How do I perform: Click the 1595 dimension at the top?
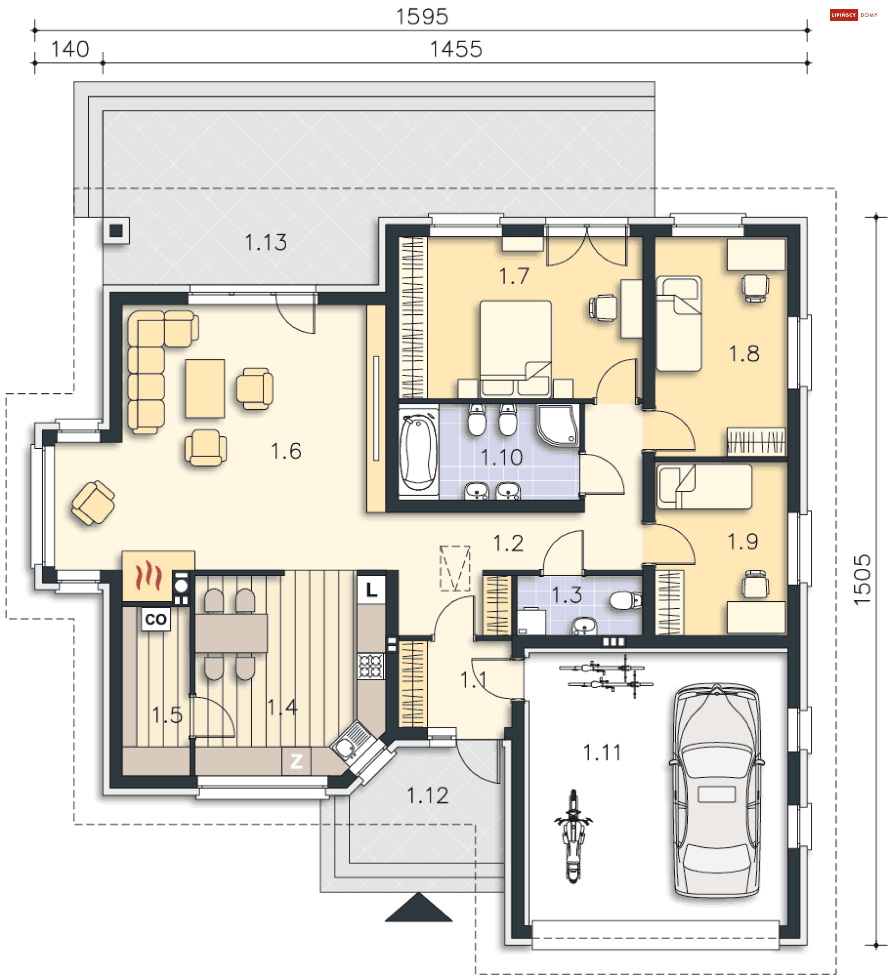coord(421,17)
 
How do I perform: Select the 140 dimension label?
coord(70,49)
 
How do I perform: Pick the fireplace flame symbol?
coord(148,576)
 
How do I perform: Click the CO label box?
coord(155,619)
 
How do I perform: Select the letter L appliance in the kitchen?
coord(371,589)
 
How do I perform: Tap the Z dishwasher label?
coord(296,761)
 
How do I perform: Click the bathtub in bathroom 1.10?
coord(418,451)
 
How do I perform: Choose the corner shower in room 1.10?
coord(558,426)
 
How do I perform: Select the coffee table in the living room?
coord(204,388)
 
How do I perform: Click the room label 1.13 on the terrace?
coord(265,243)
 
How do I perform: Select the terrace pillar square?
coord(116,231)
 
